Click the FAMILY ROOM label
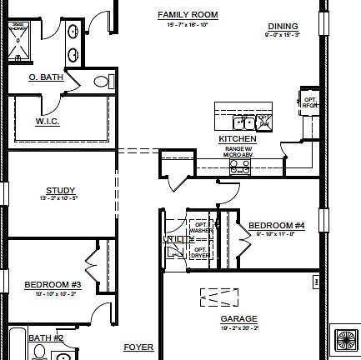[188, 14]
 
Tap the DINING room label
[281, 26]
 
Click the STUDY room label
[60, 190]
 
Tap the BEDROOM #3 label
[51, 284]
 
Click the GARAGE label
[238, 318]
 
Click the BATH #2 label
[46, 337]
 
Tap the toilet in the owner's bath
[103, 82]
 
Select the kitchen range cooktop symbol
[239, 167]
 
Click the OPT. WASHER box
[200, 226]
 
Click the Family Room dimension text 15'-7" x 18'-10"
[188, 25]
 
